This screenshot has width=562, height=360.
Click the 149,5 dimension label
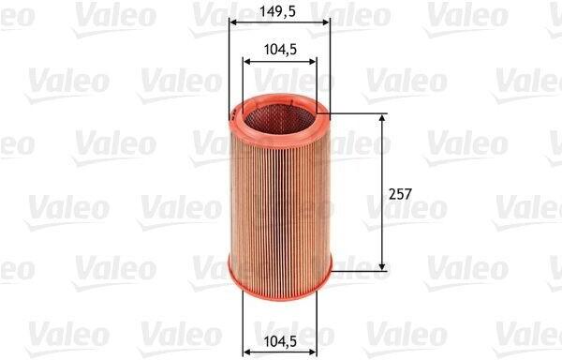pos(278,11)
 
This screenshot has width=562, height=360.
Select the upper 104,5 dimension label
pos(280,50)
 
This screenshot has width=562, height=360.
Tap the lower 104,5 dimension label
pos(280,341)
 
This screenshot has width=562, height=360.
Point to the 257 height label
pos(400,194)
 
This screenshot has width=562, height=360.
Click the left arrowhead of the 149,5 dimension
pos(233,22)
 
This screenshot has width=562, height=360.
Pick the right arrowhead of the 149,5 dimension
pos(325,22)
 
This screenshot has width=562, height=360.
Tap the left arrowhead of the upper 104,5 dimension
pos(247,62)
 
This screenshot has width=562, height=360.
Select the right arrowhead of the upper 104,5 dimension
pos(312,62)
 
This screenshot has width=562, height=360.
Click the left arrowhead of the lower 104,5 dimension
pos(247,352)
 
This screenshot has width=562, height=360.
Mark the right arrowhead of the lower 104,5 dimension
pos(312,352)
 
